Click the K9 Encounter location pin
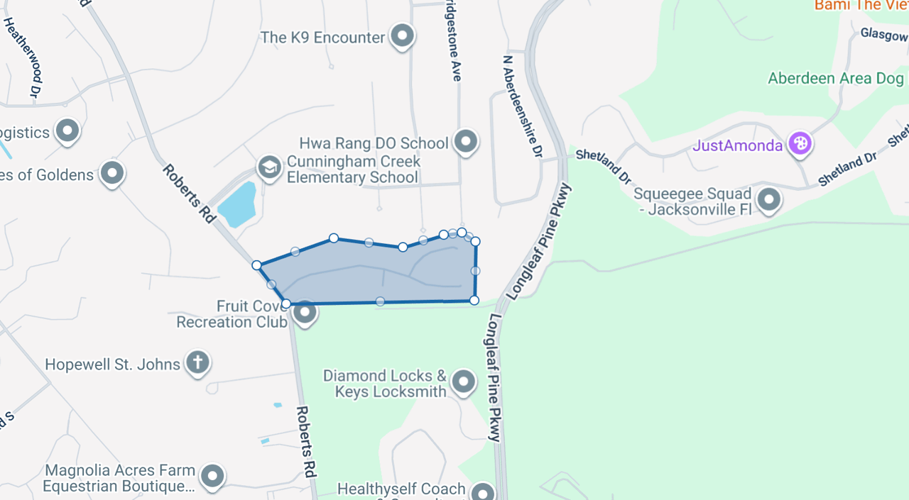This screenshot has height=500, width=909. pos(403,35)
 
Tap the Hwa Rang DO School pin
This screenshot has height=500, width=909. pos(466,141)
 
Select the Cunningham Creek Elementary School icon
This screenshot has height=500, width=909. pos(269,168)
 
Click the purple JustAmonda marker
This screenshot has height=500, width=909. pos(800,144)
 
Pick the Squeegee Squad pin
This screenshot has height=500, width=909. pos(769,200)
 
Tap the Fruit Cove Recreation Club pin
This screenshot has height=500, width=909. pos(305,312)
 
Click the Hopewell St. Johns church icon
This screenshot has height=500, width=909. pos(197,362)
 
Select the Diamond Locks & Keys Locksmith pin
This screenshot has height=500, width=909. pos(464,382)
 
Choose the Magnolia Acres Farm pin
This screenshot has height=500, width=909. pos(212,477)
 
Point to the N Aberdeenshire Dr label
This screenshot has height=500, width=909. pos(522,107)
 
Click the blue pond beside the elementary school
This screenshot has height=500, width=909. pos(236,202)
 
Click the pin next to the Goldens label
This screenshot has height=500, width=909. pos(112,173)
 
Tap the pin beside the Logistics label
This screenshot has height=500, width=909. pos(68,130)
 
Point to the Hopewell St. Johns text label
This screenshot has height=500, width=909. pos(113,365)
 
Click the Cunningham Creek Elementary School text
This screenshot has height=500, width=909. pos(353,170)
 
